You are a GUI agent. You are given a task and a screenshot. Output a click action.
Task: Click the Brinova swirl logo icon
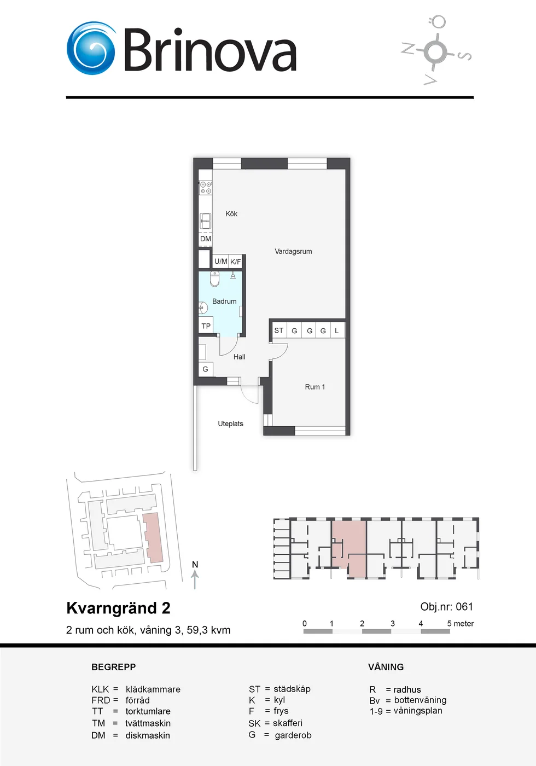(x=91, y=48)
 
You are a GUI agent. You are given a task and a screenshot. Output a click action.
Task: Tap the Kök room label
(x=231, y=214)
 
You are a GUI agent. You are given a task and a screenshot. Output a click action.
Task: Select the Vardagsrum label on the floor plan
(x=293, y=251)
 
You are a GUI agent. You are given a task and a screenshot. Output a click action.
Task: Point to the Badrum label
(x=224, y=301)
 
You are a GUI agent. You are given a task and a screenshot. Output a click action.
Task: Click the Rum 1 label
(x=315, y=387)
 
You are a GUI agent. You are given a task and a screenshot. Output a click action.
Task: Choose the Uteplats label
(x=231, y=423)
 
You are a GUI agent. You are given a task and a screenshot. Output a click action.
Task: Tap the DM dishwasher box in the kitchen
(x=206, y=239)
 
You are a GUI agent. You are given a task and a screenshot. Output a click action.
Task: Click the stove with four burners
(x=206, y=187)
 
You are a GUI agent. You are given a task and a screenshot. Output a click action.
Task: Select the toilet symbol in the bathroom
(x=214, y=278)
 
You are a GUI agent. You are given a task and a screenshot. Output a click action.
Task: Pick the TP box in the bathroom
(x=206, y=326)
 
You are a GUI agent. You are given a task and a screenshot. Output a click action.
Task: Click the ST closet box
(x=279, y=330)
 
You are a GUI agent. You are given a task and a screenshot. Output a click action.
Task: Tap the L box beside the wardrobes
(x=337, y=330)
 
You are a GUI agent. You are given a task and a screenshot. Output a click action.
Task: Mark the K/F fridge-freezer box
(x=236, y=262)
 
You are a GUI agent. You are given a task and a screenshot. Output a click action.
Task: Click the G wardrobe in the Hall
(x=206, y=369)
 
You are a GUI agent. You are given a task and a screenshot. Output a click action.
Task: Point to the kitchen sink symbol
(x=206, y=220)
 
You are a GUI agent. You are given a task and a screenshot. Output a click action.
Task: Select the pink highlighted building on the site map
(x=153, y=537)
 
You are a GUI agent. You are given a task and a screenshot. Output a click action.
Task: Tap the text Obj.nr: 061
(x=446, y=607)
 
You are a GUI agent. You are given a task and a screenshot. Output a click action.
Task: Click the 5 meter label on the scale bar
(x=460, y=623)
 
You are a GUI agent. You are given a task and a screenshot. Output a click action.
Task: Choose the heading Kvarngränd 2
(x=118, y=608)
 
